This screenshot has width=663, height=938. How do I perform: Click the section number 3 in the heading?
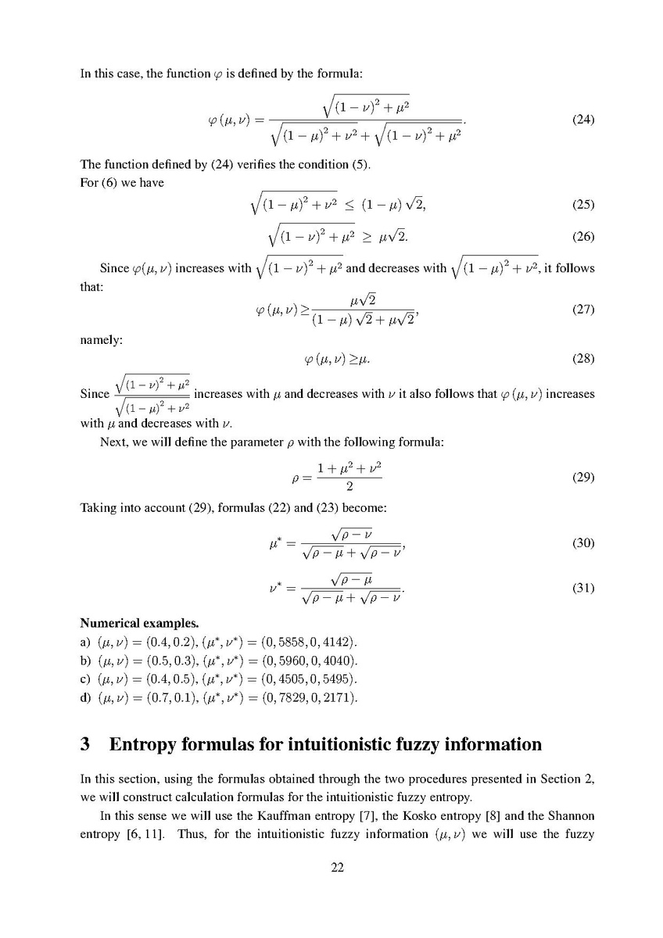[86, 744]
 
